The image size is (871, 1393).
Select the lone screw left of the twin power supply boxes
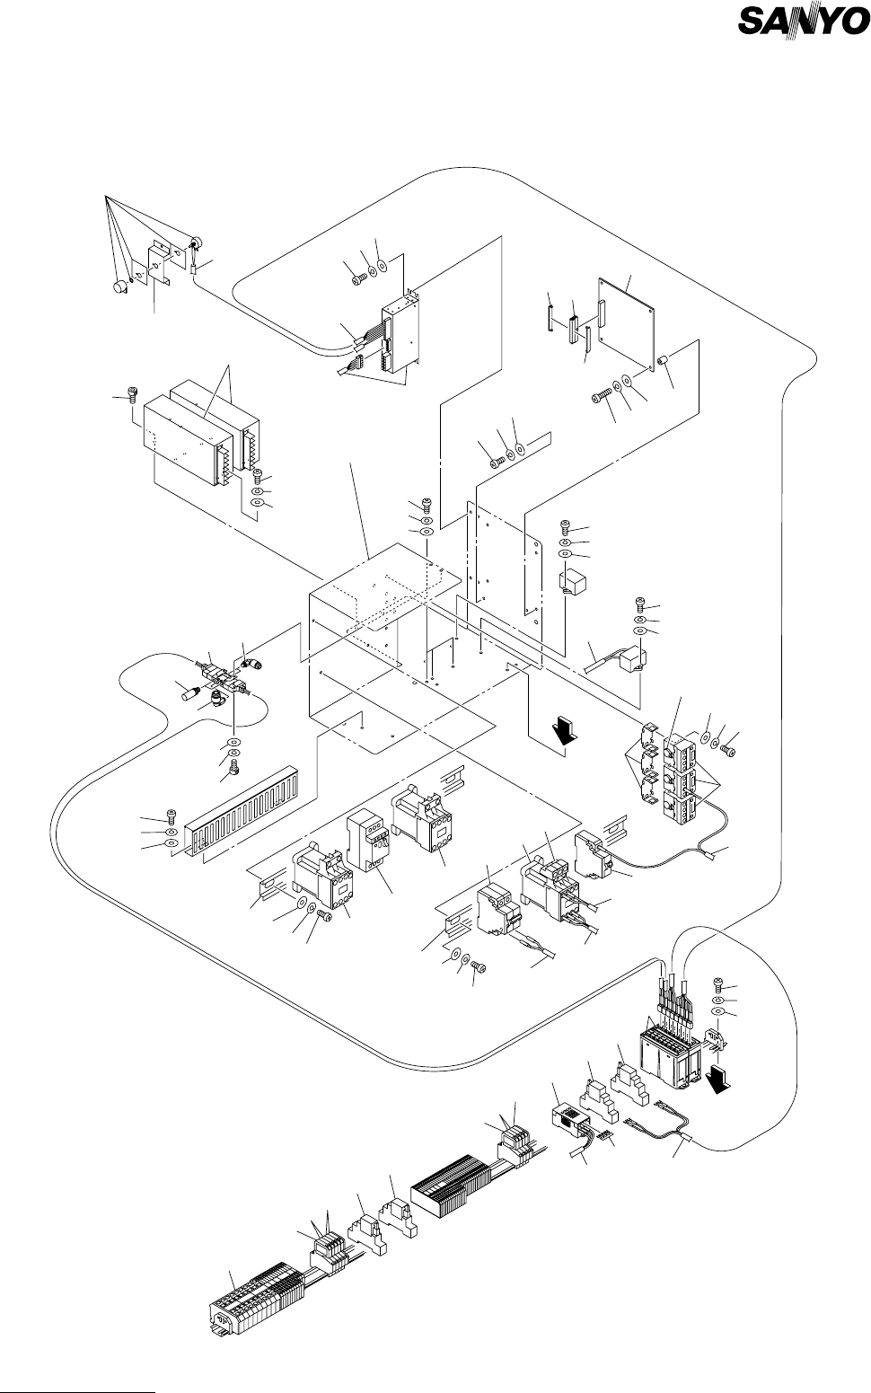(133, 392)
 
